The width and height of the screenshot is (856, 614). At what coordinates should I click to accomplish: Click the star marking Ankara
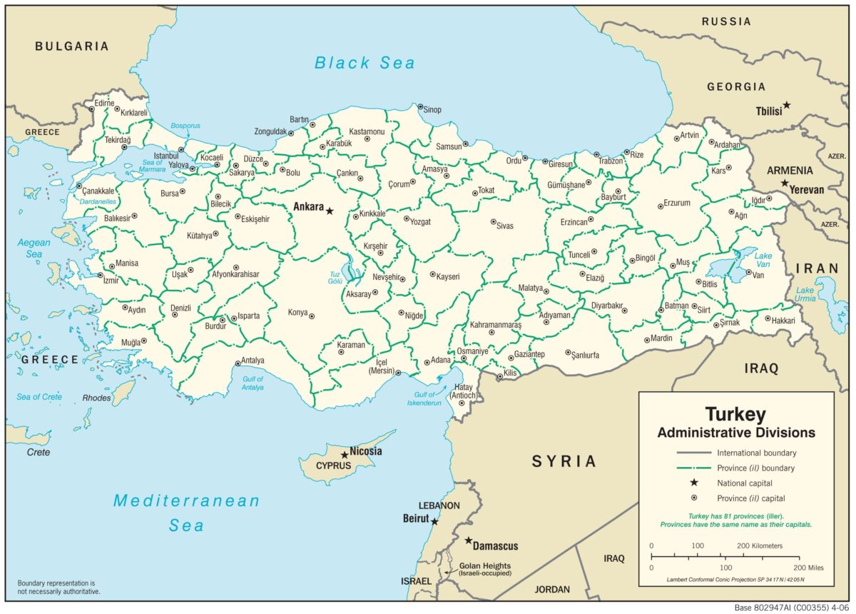point(330,211)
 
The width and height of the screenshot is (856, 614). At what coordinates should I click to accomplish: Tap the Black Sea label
point(365,63)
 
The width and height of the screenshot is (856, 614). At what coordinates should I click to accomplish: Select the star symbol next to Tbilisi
point(787,105)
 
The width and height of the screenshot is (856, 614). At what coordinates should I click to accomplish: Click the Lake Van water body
point(728,267)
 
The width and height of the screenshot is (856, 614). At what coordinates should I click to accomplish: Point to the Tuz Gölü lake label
point(334,277)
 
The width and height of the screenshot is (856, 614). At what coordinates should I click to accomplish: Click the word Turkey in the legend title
point(735,415)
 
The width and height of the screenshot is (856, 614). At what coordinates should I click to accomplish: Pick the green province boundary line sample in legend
point(692,468)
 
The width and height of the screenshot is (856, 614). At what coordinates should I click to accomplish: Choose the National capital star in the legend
point(692,483)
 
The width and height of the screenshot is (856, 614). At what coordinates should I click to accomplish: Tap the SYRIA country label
point(564,461)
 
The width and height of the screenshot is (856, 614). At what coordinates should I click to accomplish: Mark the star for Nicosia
point(345,454)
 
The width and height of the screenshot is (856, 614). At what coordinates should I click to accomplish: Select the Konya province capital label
point(297,313)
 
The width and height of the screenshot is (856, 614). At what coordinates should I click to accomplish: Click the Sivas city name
point(504,226)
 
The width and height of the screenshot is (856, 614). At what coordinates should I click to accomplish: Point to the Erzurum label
point(677,203)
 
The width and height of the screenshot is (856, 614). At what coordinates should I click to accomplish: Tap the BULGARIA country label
point(72,46)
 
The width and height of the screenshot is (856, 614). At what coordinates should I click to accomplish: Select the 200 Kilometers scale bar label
point(759,545)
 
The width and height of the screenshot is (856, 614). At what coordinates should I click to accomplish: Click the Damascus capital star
point(469,540)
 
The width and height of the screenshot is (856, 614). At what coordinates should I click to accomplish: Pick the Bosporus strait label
point(185,126)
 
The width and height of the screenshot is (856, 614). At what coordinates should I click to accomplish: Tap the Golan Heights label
point(485,565)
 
